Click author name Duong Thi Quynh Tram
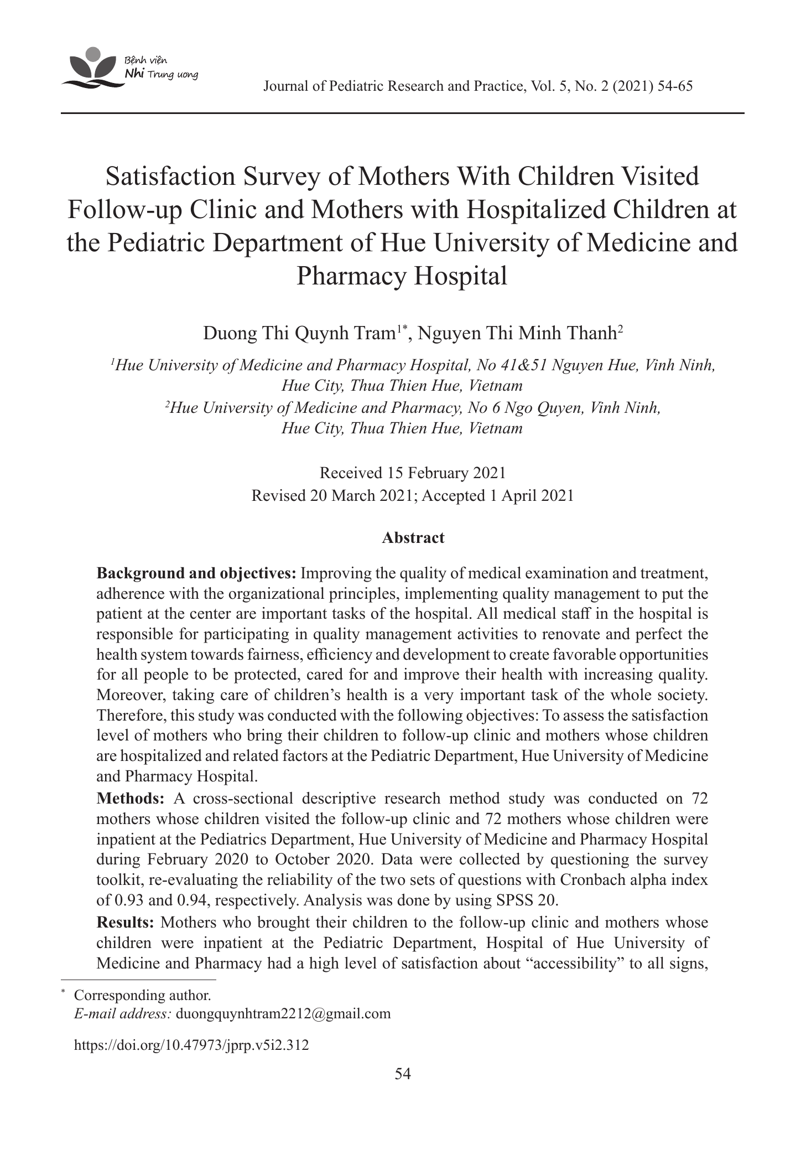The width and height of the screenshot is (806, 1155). pos(299,334)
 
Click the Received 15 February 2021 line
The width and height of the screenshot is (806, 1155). pos(413,473)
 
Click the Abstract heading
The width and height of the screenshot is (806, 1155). pos(413,537)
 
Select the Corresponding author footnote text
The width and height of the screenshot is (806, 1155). pos(142,995)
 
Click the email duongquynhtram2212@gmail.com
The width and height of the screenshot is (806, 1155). pos(283,1014)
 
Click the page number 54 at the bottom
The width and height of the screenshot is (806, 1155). pos(403,1074)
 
